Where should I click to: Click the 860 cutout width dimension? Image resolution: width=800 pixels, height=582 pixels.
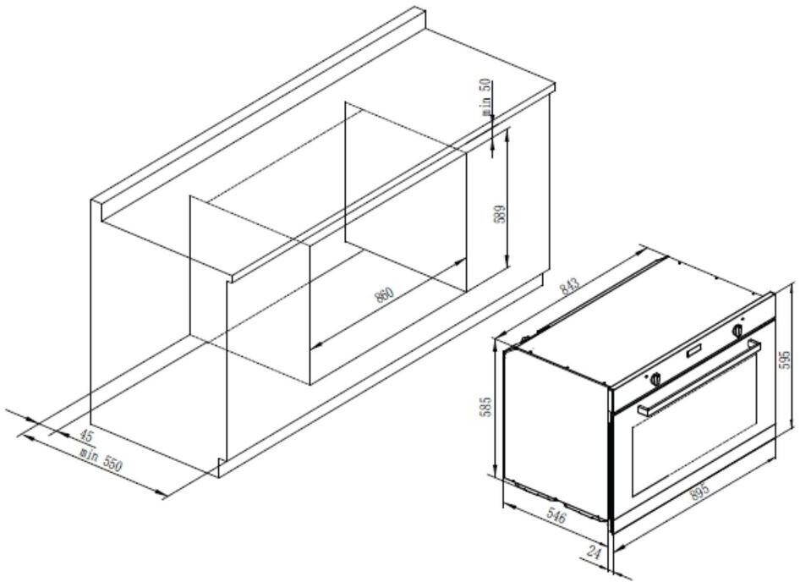pyautogui.click(x=384, y=295)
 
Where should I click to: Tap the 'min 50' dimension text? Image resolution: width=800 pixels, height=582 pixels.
pyautogui.click(x=486, y=96)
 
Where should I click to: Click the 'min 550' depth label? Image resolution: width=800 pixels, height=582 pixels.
pyautogui.click(x=102, y=459)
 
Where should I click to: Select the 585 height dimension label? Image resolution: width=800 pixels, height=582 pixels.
pyautogui.click(x=487, y=406)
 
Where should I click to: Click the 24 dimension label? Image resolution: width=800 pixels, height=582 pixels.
pyautogui.click(x=594, y=552)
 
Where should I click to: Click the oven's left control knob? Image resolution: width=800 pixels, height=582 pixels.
pyautogui.click(x=655, y=378)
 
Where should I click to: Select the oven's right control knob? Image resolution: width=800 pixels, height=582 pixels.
pyautogui.click(x=737, y=330)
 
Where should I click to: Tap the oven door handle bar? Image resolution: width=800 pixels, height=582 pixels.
pyautogui.click(x=699, y=376)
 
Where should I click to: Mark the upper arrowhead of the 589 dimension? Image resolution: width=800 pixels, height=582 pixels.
pyautogui.click(x=507, y=134)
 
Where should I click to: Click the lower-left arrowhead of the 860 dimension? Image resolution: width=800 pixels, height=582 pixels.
pyautogui.click(x=316, y=343)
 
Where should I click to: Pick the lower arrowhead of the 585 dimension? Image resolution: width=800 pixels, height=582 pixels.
pyautogui.click(x=496, y=470)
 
